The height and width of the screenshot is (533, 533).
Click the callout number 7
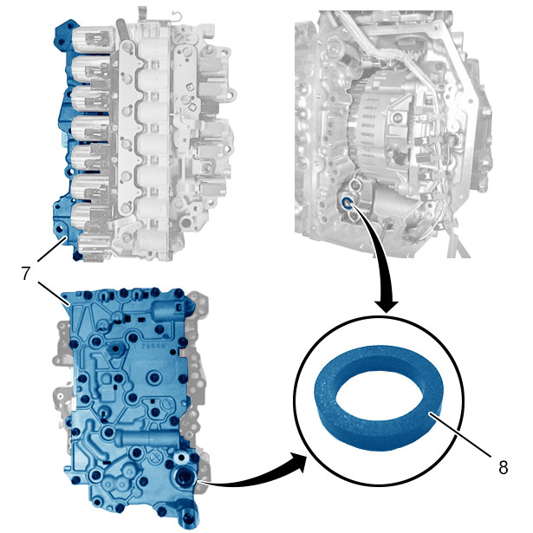tap(26, 273)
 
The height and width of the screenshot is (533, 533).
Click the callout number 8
tap(503, 467)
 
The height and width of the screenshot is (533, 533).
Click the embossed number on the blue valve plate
tap(153, 346)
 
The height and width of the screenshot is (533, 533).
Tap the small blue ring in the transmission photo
tap(347, 203)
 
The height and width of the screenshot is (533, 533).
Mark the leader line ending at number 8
tap(460, 433)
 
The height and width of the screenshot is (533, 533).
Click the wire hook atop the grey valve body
tap(177, 16)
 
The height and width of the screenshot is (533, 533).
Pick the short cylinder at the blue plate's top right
tap(167, 310)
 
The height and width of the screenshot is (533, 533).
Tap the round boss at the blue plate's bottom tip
tap(188, 517)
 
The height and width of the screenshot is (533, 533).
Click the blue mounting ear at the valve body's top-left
tap(65, 33)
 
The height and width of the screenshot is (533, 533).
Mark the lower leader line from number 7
tap(54, 294)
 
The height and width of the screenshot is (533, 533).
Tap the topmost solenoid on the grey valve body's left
tap(91, 39)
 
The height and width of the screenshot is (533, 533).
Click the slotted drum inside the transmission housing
tap(371, 127)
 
